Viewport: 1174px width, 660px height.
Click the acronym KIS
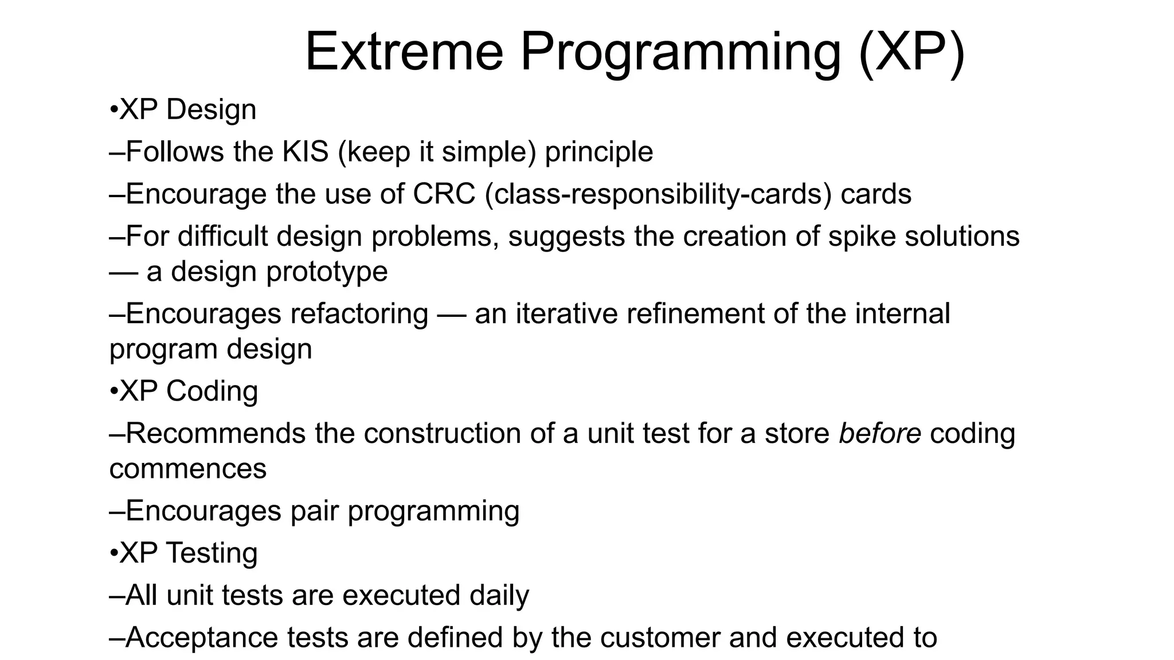coord(305,152)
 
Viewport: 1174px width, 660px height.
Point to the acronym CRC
coord(444,194)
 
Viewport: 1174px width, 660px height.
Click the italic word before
coord(879,433)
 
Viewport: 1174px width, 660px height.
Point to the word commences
coord(188,469)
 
